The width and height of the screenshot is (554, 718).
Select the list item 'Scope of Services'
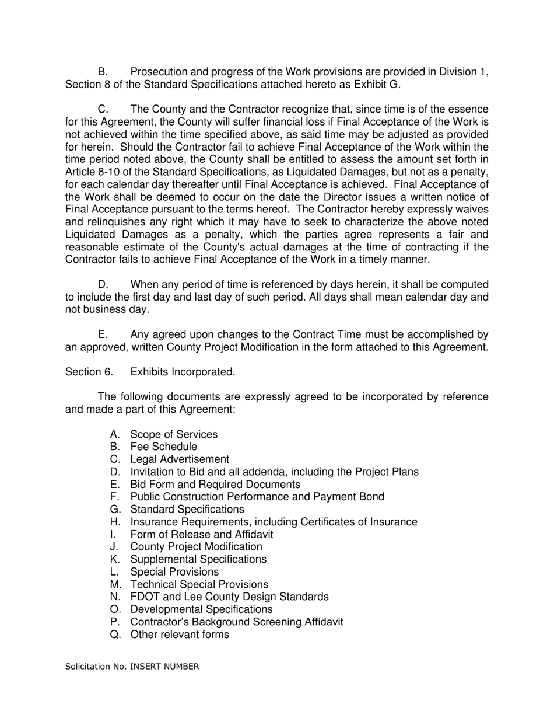[174, 434]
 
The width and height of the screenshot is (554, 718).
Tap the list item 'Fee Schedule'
[164, 447]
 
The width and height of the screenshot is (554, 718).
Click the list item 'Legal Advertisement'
[180, 459]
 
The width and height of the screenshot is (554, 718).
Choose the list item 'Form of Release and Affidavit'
[201, 534]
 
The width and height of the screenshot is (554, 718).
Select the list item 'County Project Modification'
[196, 546]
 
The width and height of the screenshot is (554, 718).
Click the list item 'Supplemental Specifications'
[198, 559]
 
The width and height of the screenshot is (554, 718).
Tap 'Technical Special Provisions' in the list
[199, 584]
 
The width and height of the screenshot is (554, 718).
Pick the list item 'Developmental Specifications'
[201, 609]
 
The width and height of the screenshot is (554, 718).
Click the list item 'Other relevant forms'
[180, 635]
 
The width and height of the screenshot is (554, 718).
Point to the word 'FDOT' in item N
[144, 597]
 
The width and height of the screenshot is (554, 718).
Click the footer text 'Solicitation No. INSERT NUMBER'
[132, 666]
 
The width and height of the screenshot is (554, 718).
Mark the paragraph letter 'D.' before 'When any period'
[103, 285]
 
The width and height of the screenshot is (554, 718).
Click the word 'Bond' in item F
[371, 497]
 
